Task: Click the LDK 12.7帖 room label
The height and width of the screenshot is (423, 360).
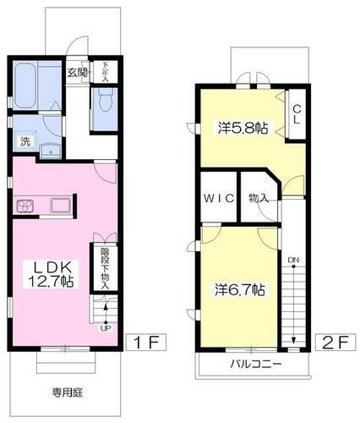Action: tap(53, 272)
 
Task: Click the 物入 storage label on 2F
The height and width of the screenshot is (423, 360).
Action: tap(259, 199)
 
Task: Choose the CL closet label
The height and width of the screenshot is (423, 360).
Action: tap(297, 115)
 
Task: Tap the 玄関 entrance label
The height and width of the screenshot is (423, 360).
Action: tap(78, 74)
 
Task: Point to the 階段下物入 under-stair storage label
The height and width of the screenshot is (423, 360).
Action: tap(106, 267)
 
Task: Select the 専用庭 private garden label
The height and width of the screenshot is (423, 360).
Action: tap(64, 392)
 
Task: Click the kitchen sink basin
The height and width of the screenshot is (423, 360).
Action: tap(59, 205)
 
